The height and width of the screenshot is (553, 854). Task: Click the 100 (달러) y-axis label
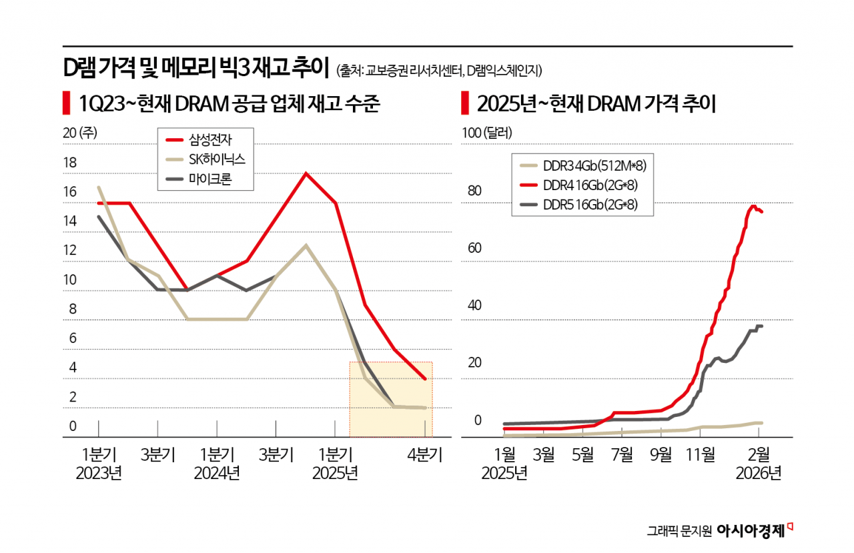click(x=487, y=133)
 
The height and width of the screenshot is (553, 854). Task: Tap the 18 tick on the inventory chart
click(x=69, y=163)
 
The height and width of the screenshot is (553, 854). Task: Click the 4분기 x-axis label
click(x=424, y=456)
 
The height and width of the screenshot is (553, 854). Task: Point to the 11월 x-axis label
click(x=699, y=456)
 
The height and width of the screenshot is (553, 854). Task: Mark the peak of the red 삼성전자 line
click(x=306, y=173)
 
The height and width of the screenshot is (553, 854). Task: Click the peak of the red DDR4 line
click(x=753, y=206)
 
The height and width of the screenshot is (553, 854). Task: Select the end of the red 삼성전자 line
click(x=425, y=379)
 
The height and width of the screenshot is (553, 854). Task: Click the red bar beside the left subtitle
click(x=65, y=103)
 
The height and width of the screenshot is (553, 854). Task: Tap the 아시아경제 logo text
click(x=751, y=530)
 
